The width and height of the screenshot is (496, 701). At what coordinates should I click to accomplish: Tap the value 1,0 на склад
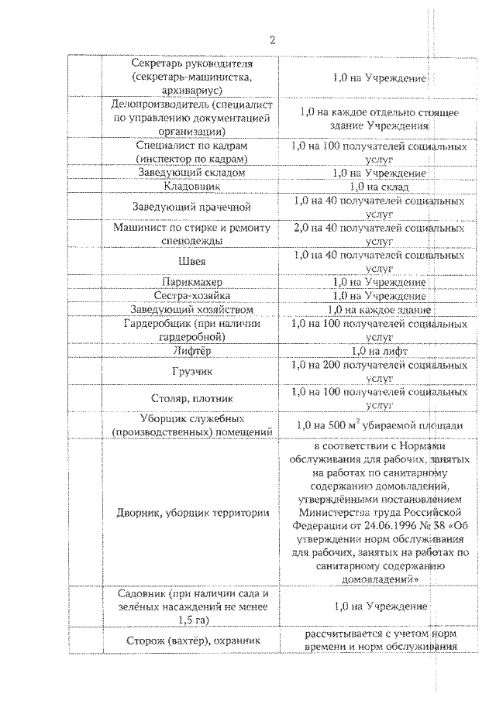[379, 187]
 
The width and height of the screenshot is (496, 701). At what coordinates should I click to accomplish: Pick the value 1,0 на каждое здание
[379, 310]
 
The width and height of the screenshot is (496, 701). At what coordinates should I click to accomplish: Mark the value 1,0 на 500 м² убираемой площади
[379, 425]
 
